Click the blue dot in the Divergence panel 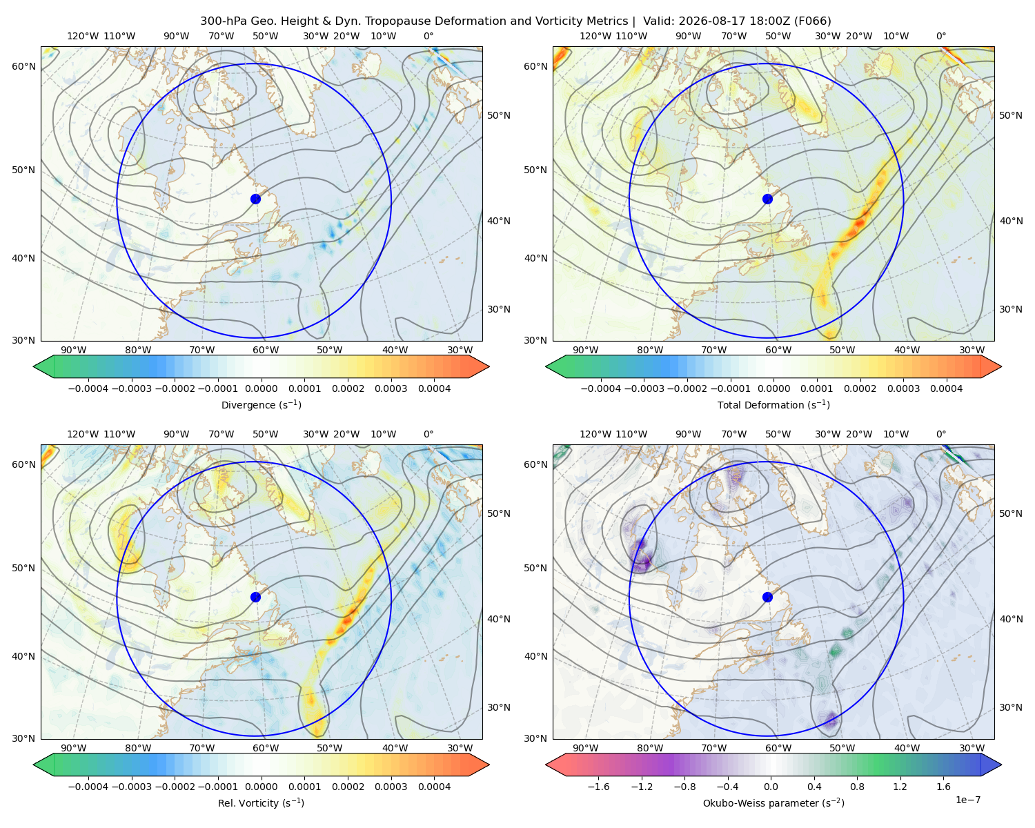tap(255, 199)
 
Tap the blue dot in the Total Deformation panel tap(767, 199)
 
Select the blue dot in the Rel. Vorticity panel tap(255, 597)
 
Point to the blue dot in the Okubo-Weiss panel tap(767, 597)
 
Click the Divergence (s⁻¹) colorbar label tap(261, 404)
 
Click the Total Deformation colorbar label tap(773, 404)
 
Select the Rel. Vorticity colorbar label tap(261, 802)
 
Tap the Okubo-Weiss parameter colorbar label tap(773, 802)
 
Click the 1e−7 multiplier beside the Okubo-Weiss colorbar tap(967, 800)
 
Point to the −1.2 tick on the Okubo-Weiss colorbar tap(642, 786)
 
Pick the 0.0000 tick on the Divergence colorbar tap(261, 388)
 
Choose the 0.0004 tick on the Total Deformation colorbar tap(946, 388)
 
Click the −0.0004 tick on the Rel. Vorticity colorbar tap(88, 786)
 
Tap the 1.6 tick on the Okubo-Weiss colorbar tap(943, 786)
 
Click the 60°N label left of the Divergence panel tap(23, 66)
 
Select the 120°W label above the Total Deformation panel tap(595, 36)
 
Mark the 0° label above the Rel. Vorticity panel tap(428, 433)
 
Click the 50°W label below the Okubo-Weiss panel tap(842, 748)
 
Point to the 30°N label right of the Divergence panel tap(499, 309)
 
